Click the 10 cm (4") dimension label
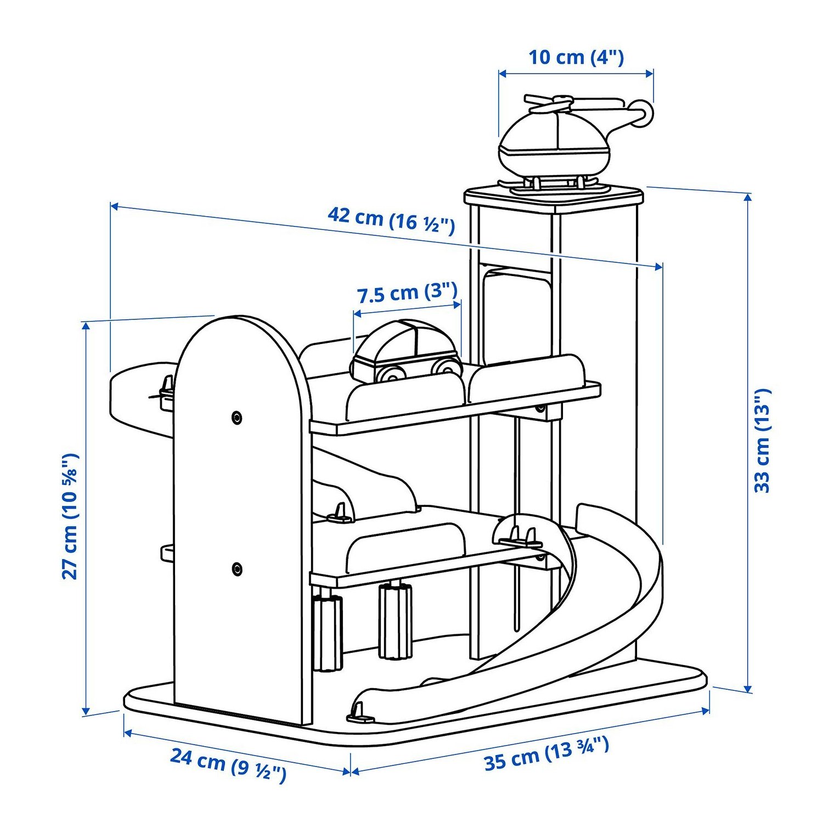coord(576,57)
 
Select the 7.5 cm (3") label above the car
coord(407,292)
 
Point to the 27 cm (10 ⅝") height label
coord(71,516)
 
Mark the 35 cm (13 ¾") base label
coord(546,754)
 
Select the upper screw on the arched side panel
coord(237,418)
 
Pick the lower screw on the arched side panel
coord(237,568)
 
